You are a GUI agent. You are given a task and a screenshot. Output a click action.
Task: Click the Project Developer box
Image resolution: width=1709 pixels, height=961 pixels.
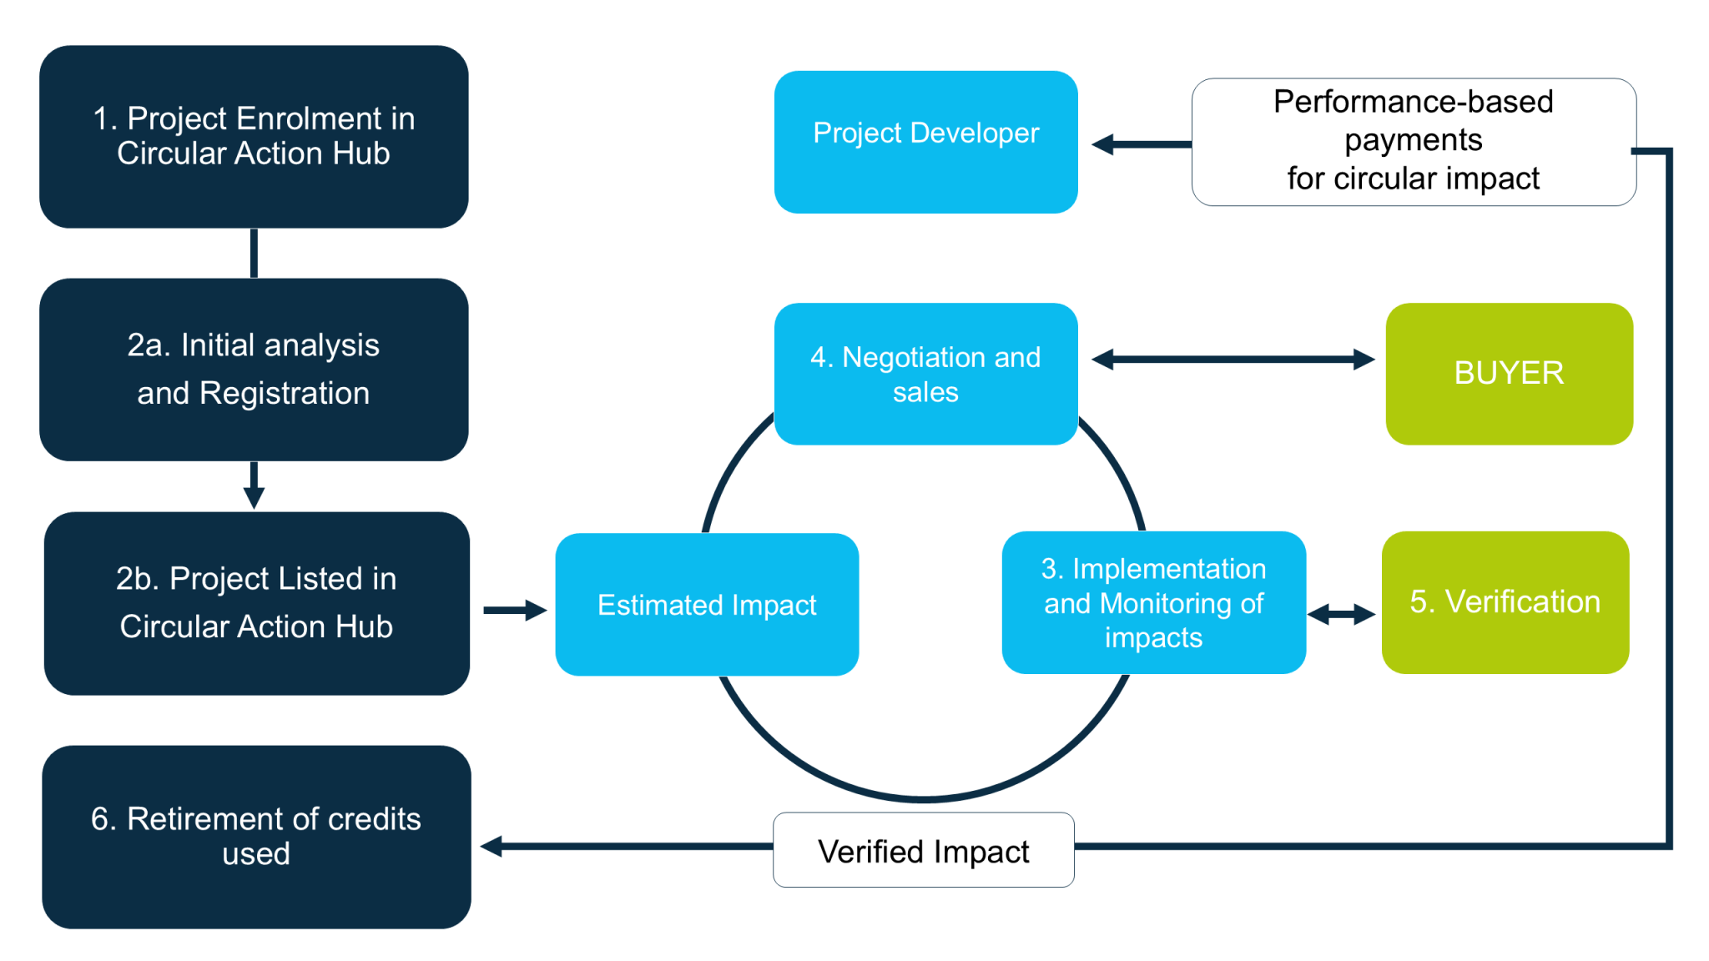coord(925,142)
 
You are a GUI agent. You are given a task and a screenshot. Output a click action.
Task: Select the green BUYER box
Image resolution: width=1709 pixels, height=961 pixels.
coord(1509,374)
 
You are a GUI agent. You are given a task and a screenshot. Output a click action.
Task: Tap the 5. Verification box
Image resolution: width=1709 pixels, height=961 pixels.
coord(1505,602)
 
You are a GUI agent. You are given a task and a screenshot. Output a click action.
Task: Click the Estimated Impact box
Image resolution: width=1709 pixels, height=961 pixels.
coord(707,605)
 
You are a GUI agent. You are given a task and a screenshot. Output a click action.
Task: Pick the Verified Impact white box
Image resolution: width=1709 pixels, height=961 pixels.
coord(923,850)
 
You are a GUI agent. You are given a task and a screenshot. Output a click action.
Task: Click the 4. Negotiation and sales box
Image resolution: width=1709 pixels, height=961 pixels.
coord(925,374)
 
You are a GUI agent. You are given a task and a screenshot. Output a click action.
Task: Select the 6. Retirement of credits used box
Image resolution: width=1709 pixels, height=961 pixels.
coord(256,837)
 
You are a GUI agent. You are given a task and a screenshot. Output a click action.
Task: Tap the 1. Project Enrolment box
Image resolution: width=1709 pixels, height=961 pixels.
coord(254,137)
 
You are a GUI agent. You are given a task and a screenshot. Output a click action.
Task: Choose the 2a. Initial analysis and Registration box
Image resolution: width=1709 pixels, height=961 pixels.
coord(254,370)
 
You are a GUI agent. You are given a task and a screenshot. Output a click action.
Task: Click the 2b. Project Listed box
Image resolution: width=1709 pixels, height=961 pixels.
coord(256,603)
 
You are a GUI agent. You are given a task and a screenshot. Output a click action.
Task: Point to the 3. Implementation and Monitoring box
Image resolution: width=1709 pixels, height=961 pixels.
coord(1153,602)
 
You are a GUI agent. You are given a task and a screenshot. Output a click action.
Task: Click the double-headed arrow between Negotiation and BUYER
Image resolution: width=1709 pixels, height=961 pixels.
coord(1233,360)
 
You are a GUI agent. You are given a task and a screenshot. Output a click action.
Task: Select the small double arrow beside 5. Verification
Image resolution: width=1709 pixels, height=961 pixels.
coord(1341,615)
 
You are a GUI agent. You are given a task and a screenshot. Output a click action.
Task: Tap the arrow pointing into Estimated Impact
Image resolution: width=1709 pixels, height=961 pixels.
coord(515,610)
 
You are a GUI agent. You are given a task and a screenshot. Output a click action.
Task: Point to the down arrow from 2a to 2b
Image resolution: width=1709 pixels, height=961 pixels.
coord(254,486)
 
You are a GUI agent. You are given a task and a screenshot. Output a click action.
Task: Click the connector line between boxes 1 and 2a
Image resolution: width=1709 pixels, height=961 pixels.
coord(254,253)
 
